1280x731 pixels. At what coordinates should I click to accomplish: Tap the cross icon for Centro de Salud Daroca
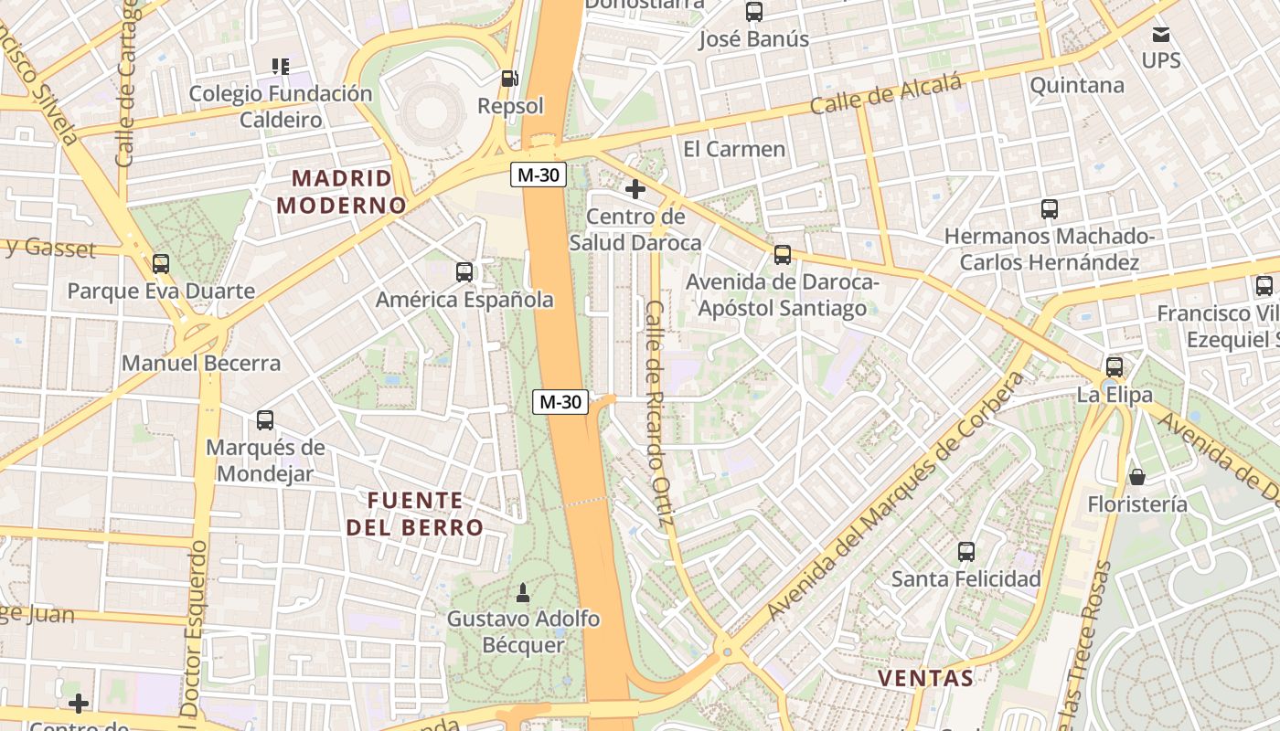pyautogui.click(x=635, y=189)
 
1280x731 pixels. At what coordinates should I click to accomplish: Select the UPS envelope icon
pyautogui.click(x=1161, y=36)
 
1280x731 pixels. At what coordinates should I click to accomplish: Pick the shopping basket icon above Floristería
pyautogui.click(x=1137, y=477)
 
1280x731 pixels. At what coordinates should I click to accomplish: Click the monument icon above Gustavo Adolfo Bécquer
pyautogui.click(x=523, y=593)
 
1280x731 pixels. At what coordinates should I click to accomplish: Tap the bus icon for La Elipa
pyautogui.click(x=1114, y=367)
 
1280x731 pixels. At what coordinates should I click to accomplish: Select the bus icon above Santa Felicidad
pyautogui.click(x=966, y=552)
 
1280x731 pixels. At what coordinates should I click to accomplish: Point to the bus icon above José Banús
pyautogui.click(x=754, y=12)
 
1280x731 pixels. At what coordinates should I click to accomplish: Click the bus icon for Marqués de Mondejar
pyautogui.click(x=265, y=420)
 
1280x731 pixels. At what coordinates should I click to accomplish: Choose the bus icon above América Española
pyautogui.click(x=464, y=271)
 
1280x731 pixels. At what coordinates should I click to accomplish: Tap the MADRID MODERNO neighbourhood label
pyautogui.click(x=341, y=192)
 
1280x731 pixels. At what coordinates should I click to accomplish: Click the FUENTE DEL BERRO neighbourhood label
pyautogui.click(x=415, y=514)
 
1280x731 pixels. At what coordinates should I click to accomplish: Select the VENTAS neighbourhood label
pyautogui.click(x=925, y=678)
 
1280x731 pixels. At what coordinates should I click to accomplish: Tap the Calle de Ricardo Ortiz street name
pyautogui.click(x=658, y=413)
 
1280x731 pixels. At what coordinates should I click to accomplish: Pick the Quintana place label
pyautogui.click(x=1076, y=85)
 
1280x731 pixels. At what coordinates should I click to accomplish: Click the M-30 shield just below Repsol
pyautogui.click(x=539, y=175)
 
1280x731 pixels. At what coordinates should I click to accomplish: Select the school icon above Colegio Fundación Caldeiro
pyautogui.click(x=281, y=66)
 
